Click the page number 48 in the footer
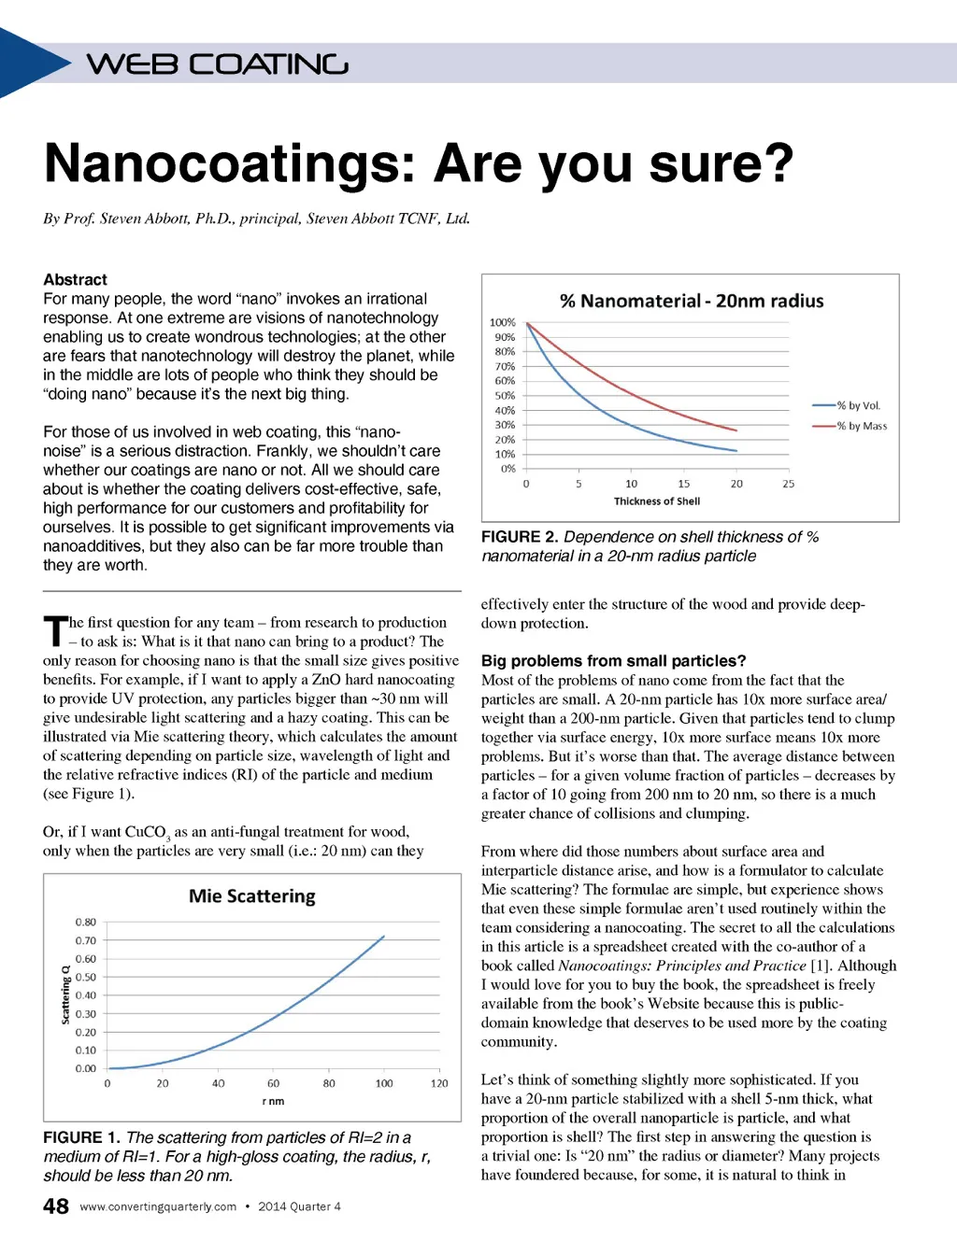pyautogui.click(x=56, y=1206)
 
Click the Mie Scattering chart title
pyautogui.click(x=252, y=896)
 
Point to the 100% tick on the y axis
pyautogui.click(x=503, y=322)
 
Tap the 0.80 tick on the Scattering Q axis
pyautogui.click(x=86, y=923)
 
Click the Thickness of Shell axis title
pyautogui.click(x=657, y=501)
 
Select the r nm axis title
pyautogui.click(x=273, y=1102)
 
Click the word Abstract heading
pyautogui.click(x=75, y=279)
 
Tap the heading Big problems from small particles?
pyautogui.click(x=614, y=660)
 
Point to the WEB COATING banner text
pyautogui.click(x=218, y=64)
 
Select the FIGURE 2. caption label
pyautogui.click(x=520, y=537)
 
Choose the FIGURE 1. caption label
pyautogui.click(x=81, y=1137)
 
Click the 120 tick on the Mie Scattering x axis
pyautogui.click(x=439, y=1083)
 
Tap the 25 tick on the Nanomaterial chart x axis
pyautogui.click(x=789, y=484)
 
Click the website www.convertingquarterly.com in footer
pyautogui.click(x=158, y=1206)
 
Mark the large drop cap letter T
pyautogui.click(x=55, y=630)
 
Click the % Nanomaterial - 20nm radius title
pyautogui.click(x=692, y=301)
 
